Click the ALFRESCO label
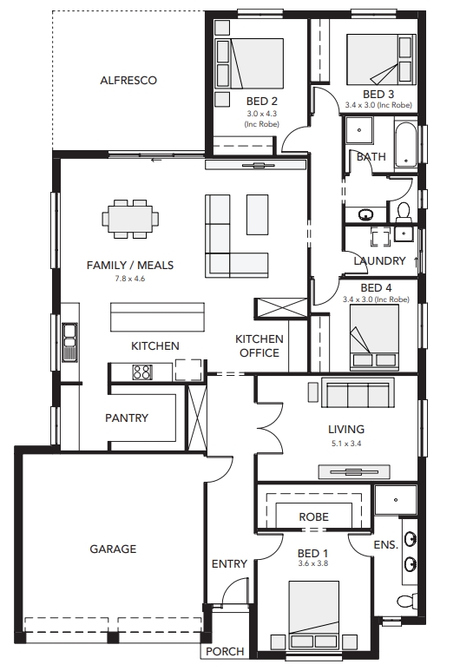(x=128, y=81)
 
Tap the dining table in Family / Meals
(x=130, y=219)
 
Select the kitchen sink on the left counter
(x=69, y=341)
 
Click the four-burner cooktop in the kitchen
(x=142, y=372)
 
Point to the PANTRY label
(x=127, y=418)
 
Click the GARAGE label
(x=113, y=549)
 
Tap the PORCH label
(x=225, y=652)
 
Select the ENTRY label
(x=229, y=564)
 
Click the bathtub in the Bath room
(x=405, y=146)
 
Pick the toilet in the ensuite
(x=407, y=601)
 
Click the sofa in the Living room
(x=358, y=393)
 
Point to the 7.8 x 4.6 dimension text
(x=129, y=279)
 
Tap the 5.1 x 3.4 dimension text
(x=346, y=444)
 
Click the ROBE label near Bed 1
(x=313, y=517)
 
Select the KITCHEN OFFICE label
(x=260, y=345)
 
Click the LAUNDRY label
(x=379, y=260)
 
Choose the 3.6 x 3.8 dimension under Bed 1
(x=313, y=563)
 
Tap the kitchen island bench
(x=157, y=317)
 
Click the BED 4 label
(x=376, y=288)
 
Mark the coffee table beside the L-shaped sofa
(x=257, y=214)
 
